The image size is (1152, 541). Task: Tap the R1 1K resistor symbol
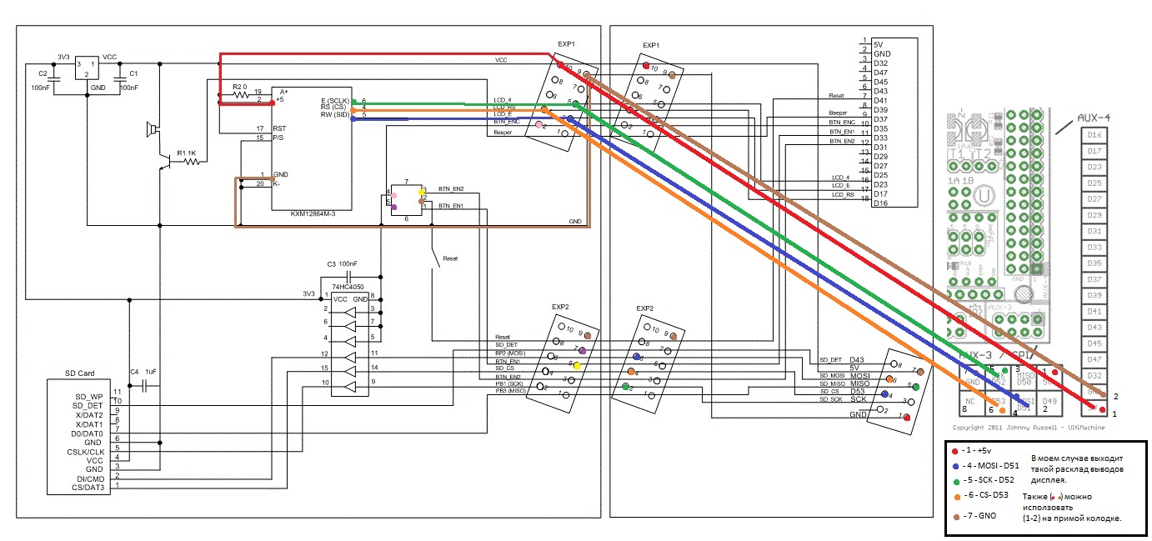tap(192, 161)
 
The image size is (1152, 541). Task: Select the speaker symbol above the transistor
tap(151, 129)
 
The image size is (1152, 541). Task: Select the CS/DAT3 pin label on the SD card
tap(88, 487)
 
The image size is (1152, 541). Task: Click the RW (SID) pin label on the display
tap(334, 115)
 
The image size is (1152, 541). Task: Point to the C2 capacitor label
tap(43, 74)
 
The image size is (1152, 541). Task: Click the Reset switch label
tap(451, 259)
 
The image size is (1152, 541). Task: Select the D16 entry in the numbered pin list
tap(880, 203)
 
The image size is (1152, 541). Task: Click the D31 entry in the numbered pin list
tap(880, 148)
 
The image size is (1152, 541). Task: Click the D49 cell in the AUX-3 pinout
tap(1049, 402)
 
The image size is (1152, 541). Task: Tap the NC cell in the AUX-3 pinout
tap(971, 402)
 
